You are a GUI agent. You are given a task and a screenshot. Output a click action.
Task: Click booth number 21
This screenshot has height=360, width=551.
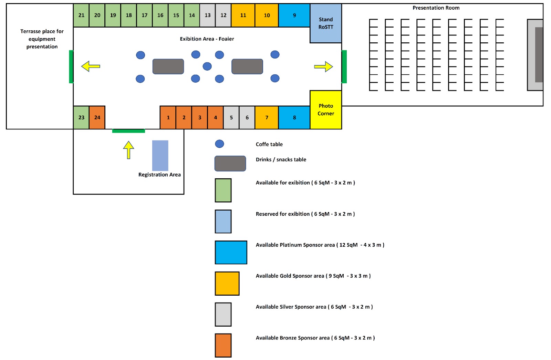pos(81,15)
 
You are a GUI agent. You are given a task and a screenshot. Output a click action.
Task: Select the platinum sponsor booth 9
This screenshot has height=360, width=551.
pos(294,15)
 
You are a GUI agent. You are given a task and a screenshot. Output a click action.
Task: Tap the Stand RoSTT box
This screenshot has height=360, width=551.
pos(326,23)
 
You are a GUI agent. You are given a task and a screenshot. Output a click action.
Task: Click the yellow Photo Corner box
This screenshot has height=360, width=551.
pos(326,110)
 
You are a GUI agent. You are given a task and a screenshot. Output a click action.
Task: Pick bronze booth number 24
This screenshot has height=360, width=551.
pos(97,118)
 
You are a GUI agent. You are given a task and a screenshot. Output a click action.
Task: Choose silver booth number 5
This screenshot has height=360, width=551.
pos(231,118)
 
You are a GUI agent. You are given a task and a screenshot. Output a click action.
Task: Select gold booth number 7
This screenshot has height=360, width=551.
pos(267,118)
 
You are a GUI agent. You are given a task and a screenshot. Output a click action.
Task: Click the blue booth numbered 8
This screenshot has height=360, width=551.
pos(294,118)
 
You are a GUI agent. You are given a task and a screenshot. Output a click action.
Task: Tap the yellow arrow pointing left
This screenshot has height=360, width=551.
pos(91,66)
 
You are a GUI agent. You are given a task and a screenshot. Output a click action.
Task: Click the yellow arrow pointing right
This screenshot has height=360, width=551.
pos(323,66)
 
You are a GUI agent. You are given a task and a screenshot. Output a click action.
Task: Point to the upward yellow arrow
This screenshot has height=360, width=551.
pos(128,150)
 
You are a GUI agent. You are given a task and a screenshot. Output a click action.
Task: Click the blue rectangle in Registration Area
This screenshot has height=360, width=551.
pos(160,155)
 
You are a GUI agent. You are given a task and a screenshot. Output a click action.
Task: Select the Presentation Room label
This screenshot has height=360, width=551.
pos(436,8)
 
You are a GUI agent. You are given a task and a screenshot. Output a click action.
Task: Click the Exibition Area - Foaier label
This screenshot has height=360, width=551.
pos(207,39)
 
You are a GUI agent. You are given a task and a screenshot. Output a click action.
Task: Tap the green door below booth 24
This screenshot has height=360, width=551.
pos(128,131)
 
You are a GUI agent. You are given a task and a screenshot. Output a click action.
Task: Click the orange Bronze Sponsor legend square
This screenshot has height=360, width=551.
pos(223,345)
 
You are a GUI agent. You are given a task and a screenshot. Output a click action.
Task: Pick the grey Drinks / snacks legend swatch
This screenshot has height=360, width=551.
pos(230,163)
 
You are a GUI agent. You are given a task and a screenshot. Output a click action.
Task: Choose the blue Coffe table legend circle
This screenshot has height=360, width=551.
pos(219,144)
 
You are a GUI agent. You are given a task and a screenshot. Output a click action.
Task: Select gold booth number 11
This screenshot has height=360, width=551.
pos(243,15)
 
